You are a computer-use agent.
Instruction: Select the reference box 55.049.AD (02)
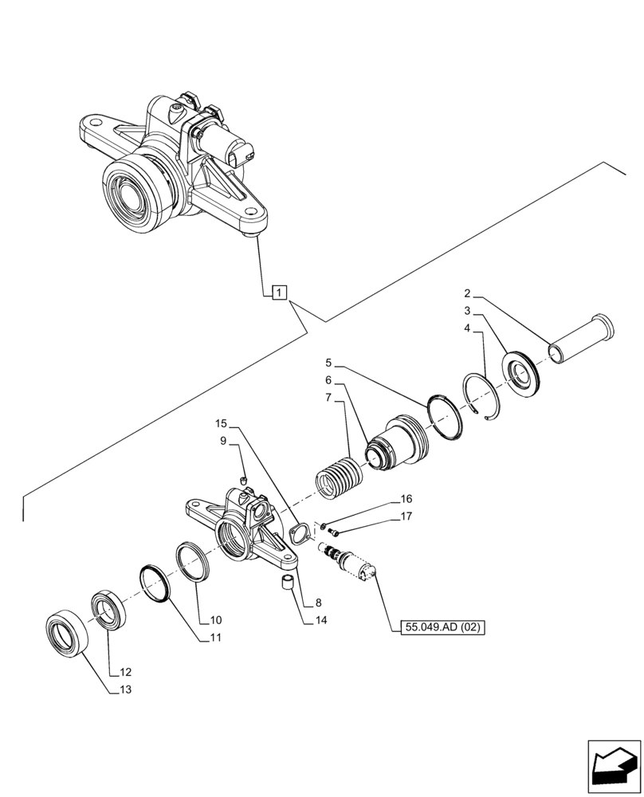tap(443, 627)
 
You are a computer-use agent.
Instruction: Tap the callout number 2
tap(469, 294)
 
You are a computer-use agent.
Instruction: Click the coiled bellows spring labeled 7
tap(340, 477)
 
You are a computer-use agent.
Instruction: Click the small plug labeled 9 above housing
tap(244, 479)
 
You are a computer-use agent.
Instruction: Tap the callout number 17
tap(406, 516)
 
